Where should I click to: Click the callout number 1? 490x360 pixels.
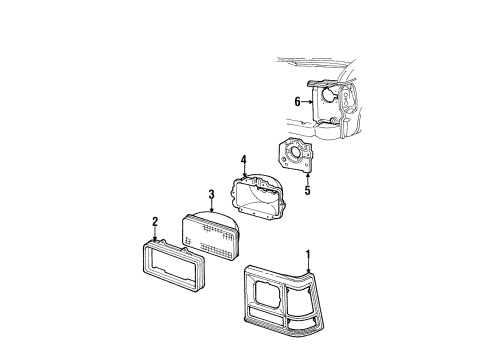(x=308, y=254)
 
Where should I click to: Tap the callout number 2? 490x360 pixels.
(x=155, y=222)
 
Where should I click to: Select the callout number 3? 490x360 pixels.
(x=211, y=194)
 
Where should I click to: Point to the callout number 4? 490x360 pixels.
(x=243, y=159)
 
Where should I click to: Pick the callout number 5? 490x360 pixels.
(x=307, y=188)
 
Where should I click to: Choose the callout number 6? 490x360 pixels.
(x=297, y=101)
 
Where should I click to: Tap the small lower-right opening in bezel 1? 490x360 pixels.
(x=305, y=320)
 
